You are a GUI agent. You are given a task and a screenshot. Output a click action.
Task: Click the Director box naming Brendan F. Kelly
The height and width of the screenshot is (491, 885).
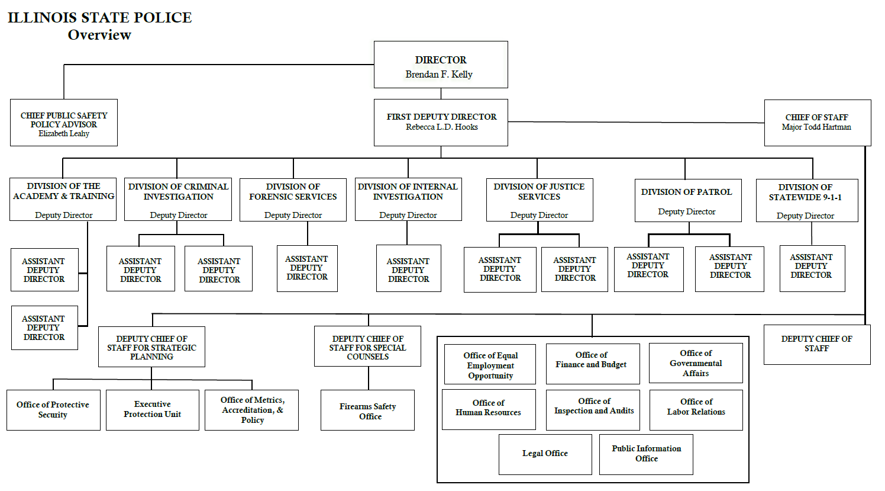coord(441,65)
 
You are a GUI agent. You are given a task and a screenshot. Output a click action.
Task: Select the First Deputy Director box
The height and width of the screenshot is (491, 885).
coord(441,122)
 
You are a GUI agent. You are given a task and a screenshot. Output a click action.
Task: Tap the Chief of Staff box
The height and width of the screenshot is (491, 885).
coord(817,122)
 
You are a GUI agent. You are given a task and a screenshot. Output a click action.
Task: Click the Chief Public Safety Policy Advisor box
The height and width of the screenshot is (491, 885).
coord(64,122)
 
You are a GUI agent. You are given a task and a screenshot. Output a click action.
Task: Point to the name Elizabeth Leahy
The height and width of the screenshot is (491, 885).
coord(64,134)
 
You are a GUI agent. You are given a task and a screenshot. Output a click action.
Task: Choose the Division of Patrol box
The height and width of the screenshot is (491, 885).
coord(687,200)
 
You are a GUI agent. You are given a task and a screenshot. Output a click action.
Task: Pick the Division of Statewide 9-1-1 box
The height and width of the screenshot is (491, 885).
coord(806,200)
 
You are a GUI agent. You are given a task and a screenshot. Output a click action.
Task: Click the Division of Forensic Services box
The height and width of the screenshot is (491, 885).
coord(293,200)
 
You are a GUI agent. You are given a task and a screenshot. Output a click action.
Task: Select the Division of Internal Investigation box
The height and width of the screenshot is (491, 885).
coord(408,200)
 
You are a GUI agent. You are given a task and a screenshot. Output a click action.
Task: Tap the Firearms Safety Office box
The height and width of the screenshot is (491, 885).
coord(367,410)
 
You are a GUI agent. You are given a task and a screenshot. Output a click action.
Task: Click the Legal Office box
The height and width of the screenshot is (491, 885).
coord(545,454)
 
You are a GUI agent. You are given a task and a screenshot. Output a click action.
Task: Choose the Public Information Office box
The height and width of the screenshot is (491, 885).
coord(646,454)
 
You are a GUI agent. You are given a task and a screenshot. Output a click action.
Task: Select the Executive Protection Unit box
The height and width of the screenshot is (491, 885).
coord(152,409)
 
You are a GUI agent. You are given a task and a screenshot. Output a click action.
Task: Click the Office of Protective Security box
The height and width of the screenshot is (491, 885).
coord(53,409)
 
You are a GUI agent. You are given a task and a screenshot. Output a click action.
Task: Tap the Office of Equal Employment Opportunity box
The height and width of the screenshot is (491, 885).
coord(490,364)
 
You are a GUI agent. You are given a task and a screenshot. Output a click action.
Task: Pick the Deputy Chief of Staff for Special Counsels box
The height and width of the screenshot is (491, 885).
coord(367,346)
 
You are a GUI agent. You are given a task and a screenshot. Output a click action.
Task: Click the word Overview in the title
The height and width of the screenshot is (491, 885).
coord(99,35)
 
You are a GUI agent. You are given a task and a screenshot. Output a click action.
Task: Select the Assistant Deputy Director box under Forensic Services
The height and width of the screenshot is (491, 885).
coord(307,268)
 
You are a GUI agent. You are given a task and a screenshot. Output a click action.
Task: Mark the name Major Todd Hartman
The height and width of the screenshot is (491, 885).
coord(816,127)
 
